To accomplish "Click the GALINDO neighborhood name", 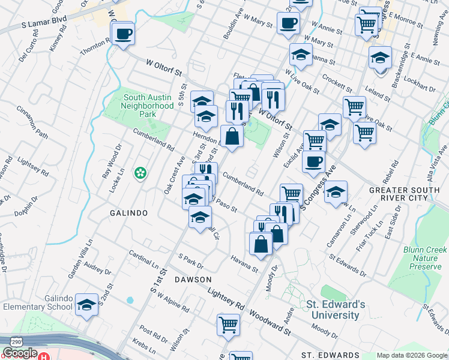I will [x=128, y=214].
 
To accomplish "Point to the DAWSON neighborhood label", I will [x=193, y=280].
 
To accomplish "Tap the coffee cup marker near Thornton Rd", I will [x=123, y=34].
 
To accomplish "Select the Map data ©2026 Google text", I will [x=411, y=355].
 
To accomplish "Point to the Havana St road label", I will [x=244, y=263].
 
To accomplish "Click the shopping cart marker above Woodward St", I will [x=228, y=325].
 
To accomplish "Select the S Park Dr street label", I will [x=191, y=262].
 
